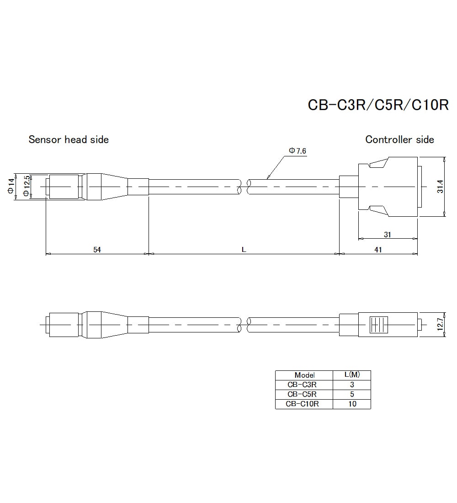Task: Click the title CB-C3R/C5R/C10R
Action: click(x=378, y=105)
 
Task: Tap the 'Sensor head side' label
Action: click(x=69, y=139)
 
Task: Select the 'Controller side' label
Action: click(x=399, y=139)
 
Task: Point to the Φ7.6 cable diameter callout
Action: click(x=297, y=151)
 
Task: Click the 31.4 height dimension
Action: click(x=440, y=187)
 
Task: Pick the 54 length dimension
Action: click(x=97, y=249)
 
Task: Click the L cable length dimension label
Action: click(x=244, y=249)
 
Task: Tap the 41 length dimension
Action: click(x=378, y=249)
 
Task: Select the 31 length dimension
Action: click(x=387, y=235)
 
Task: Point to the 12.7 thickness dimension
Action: click(x=440, y=324)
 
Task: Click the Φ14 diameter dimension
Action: click(x=11, y=187)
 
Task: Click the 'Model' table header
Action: click(x=304, y=375)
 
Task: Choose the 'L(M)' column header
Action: click(x=352, y=375)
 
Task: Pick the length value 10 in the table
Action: click(x=352, y=404)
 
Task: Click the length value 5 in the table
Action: click(x=352, y=394)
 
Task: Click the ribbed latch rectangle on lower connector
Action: click(x=377, y=324)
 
